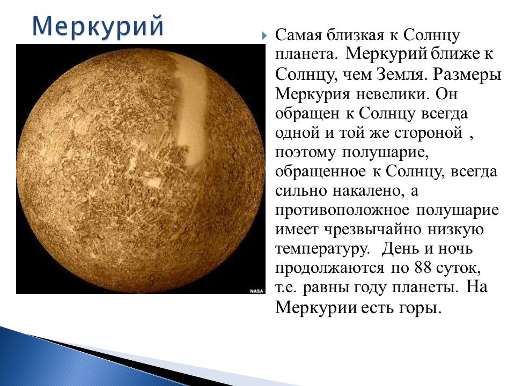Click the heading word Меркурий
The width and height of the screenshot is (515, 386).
click(x=98, y=26)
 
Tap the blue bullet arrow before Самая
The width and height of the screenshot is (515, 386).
click(x=264, y=36)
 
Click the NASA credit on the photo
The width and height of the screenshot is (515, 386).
click(x=256, y=291)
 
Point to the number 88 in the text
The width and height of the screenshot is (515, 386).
click(x=423, y=268)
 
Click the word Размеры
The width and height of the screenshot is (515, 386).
click(x=467, y=76)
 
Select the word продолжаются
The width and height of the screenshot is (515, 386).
click(x=329, y=269)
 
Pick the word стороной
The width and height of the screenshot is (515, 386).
click(x=428, y=133)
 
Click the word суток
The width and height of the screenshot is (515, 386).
click(x=459, y=269)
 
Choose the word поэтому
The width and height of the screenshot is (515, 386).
click(x=305, y=153)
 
